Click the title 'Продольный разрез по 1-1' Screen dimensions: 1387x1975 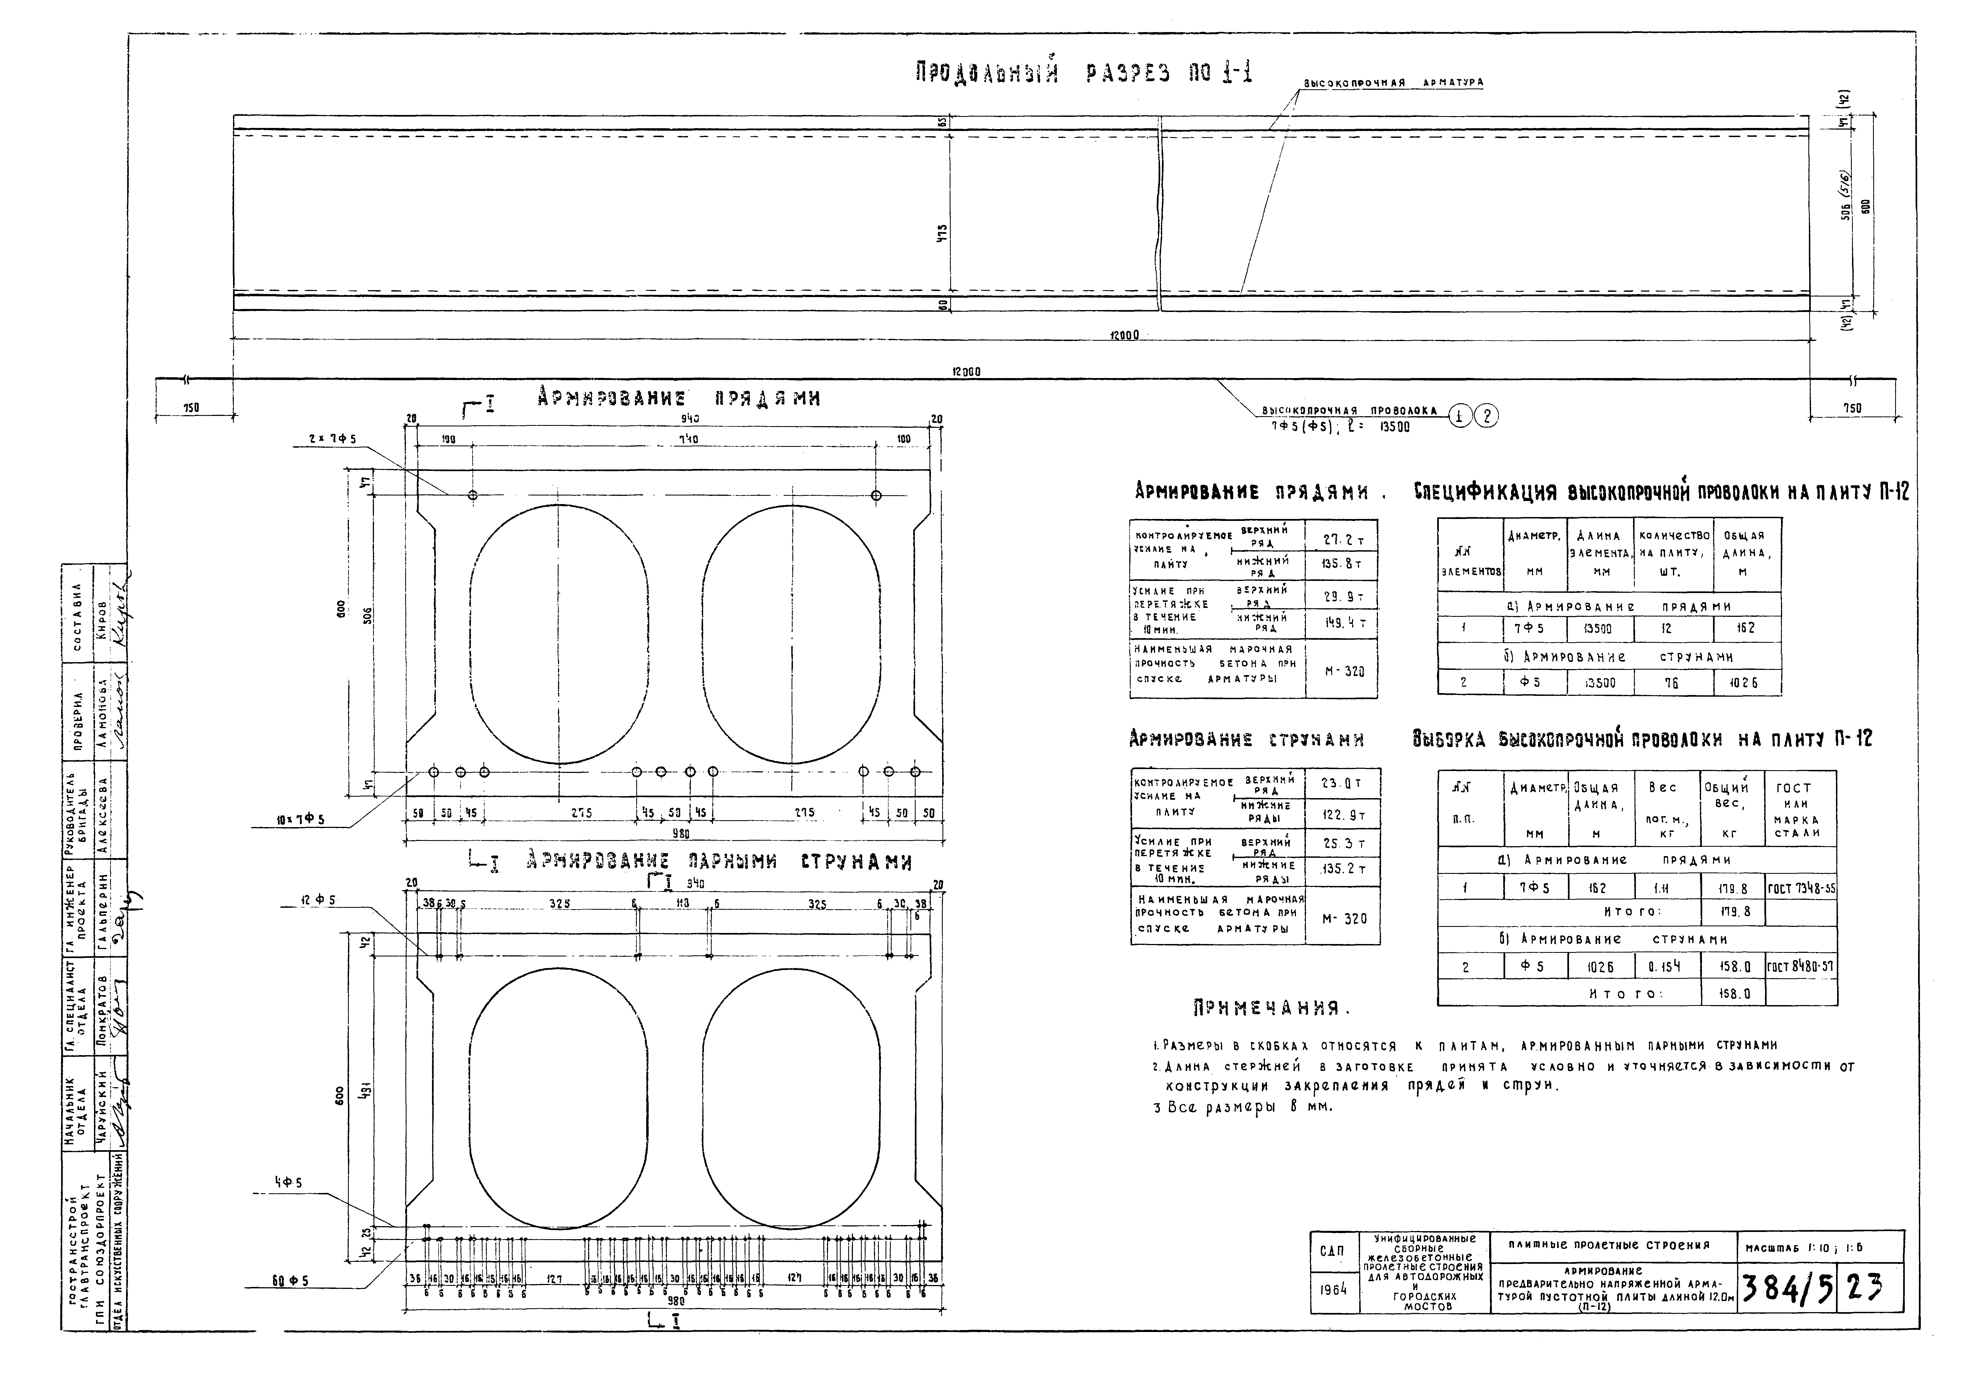tap(1084, 74)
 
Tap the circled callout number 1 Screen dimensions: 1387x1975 tap(1460, 416)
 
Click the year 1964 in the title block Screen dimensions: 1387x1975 tap(1333, 1290)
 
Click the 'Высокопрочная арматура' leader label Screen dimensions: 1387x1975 tap(1393, 83)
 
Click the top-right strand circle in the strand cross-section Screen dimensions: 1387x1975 tap(876, 495)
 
